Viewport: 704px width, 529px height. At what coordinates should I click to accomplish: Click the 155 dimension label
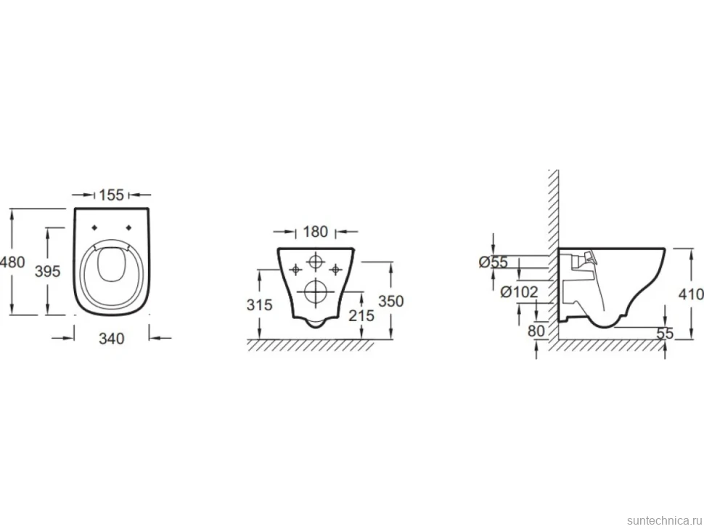pyautogui.click(x=111, y=195)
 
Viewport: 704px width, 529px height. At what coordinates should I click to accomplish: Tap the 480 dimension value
pyautogui.click(x=12, y=262)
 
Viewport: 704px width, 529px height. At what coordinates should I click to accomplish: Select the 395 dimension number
pyautogui.click(x=48, y=271)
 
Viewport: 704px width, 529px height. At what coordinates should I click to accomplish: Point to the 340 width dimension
pyautogui.click(x=111, y=339)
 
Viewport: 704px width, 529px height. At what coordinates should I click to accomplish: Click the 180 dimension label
pyautogui.click(x=316, y=232)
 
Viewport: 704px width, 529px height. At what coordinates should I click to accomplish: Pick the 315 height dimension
pyautogui.click(x=260, y=305)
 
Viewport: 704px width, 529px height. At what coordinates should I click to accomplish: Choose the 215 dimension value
pyautogui.click(x=361, y=315)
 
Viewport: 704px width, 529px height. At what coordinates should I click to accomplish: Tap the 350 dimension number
pyautogui.click(x=391, y=301)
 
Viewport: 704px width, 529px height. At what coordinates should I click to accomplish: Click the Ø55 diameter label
pyautogui.click(x=493, y=262)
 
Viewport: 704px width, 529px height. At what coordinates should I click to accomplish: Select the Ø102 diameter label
pyautogui.click(x=519, y=292)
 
